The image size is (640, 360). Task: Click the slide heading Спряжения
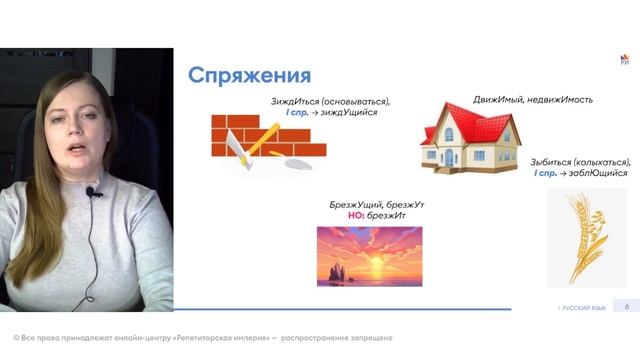click(249, 76)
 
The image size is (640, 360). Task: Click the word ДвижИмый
click(500, 100)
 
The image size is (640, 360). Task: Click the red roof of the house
click(470, 119)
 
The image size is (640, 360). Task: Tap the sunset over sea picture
click(369, 255)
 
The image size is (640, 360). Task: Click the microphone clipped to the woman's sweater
click(90, 191)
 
